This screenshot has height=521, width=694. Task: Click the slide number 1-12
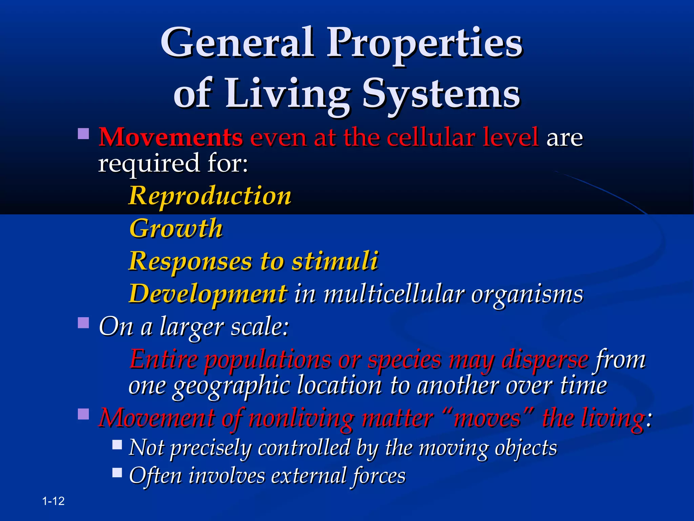click(54, 501)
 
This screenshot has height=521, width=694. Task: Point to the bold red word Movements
click(170, 137)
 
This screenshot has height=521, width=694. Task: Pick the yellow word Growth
click(176, 229)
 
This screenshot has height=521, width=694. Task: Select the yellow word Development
click(208, 294)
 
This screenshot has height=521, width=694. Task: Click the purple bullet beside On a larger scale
click(83, 323)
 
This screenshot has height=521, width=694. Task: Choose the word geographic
click(231, 386)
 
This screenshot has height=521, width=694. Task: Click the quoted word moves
click(487, 418)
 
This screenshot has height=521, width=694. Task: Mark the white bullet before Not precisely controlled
click(117, 444)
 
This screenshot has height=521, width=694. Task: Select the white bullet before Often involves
click(117, 472)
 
